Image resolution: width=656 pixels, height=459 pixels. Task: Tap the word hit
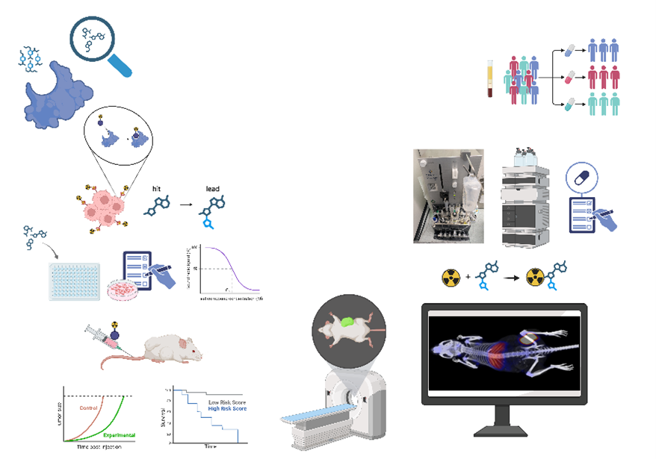point(156,190)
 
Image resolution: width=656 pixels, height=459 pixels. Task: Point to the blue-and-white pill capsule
point(569,49)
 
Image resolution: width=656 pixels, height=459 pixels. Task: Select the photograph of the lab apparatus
point(448,196)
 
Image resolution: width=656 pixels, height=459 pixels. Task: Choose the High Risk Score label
point(226,409)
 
